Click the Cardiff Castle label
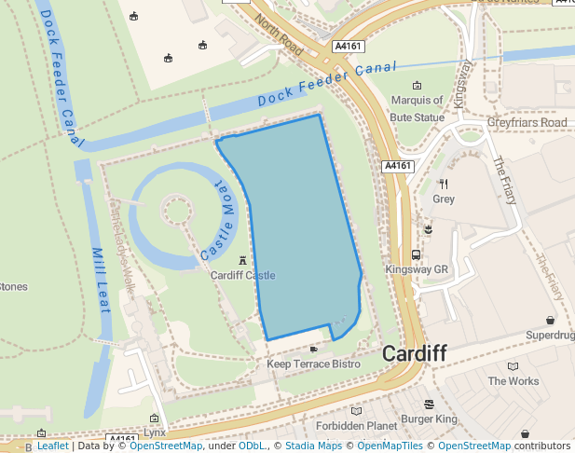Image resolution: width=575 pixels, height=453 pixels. pyautogui.click(x=242, y=276)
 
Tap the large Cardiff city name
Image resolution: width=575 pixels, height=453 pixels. pyautogui.click(x=415, y=354)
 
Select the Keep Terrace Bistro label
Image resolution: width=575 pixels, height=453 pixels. pyautogui.click(x=313, y=364)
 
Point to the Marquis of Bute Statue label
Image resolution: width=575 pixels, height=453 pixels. pyautogui.click(x=417, y=107)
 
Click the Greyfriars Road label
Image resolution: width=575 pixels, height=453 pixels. pyautogui.click(x=527, y=123)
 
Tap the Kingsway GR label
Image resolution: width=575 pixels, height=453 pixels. pyautogui.click(x=417, y=269)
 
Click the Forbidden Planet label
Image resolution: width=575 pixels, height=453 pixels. pyautogui.click(x=356, y=426)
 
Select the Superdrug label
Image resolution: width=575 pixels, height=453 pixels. pyautogui.click(x=550, y=336)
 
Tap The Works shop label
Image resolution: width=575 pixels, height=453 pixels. pyautogui.click(x=513, y=381)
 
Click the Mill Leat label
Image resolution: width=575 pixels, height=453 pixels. pyautogui.click(x=103, y=270)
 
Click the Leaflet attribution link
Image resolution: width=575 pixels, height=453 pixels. pyautogui.click(x=52, y=446)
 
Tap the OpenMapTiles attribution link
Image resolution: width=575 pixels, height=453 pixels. pyautogui.click(x=390, y=446)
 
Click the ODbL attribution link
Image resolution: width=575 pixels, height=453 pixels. pyautogui.click(x=252, y=446)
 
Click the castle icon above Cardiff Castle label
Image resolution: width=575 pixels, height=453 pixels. pyautogui.click(x=242, y=261)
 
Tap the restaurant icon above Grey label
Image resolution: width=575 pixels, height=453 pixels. pyautogui.click(x=443, y=184)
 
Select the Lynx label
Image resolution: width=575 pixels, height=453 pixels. pyautogui.click(x=155, y=433)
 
